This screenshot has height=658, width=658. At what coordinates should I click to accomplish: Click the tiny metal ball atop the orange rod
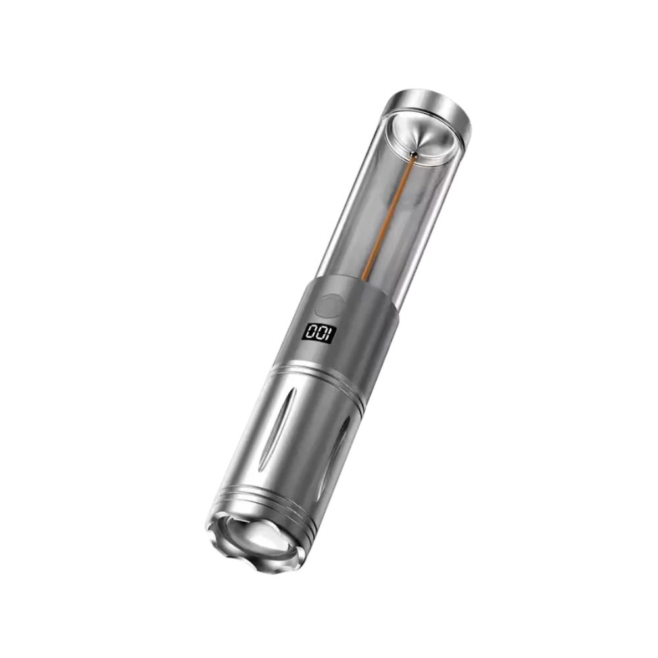[413, 154]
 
